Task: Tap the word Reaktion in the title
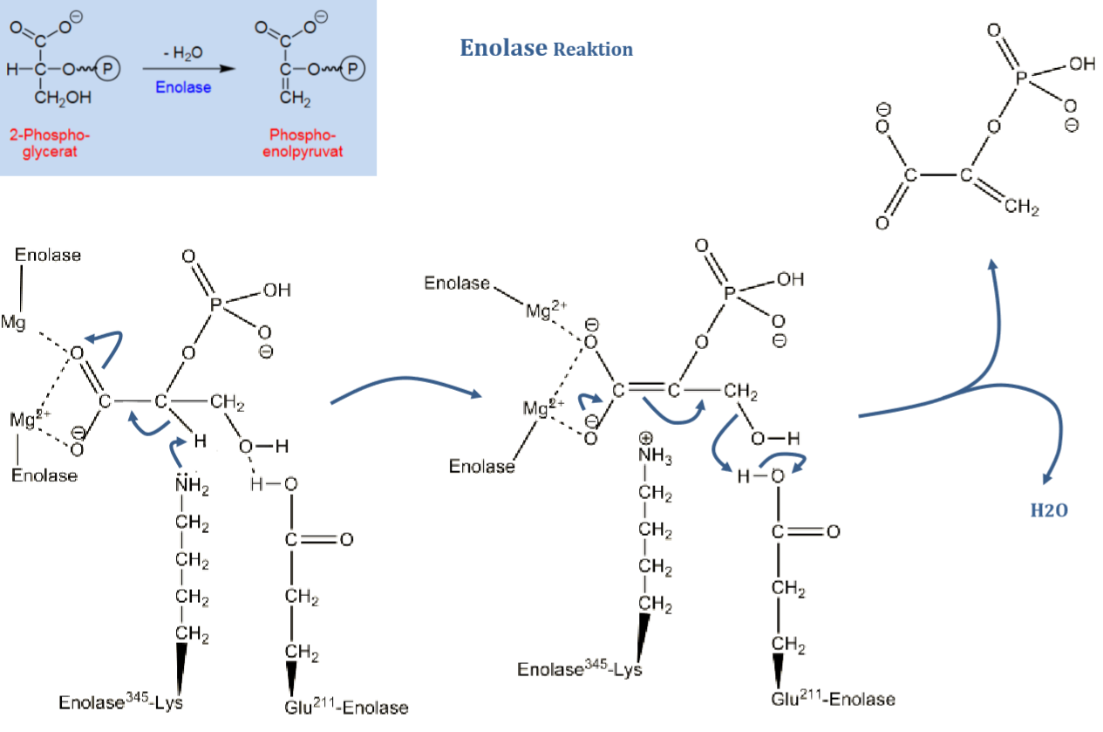point(593,50)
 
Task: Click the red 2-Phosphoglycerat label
point(50,143)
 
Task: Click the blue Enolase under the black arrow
point(183,87)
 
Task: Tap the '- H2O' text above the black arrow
point(183,54)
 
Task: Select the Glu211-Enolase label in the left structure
point(346,707)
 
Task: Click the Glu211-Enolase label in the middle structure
point(833,699)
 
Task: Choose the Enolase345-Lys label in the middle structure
point(579,669)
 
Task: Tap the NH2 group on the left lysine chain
point(192,485)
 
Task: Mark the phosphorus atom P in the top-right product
point(1025,78)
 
